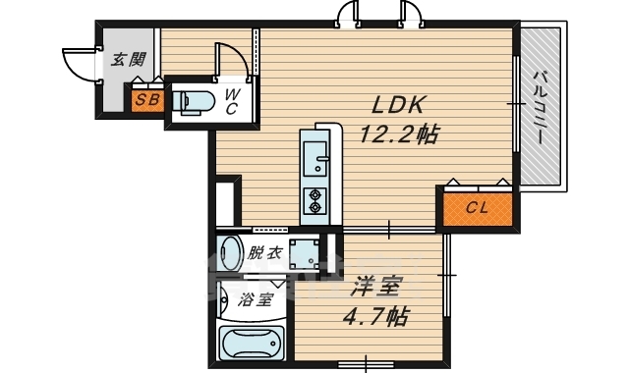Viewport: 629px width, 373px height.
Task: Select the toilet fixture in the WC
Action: [x=197, y=100]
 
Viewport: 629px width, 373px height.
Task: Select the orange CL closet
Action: [x=477, y=207]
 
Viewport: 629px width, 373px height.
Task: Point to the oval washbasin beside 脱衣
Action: [x=230, y=251]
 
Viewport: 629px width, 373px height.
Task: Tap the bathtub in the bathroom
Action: [x=252, y=344]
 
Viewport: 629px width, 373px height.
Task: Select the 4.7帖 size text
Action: [x=375, y=317]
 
